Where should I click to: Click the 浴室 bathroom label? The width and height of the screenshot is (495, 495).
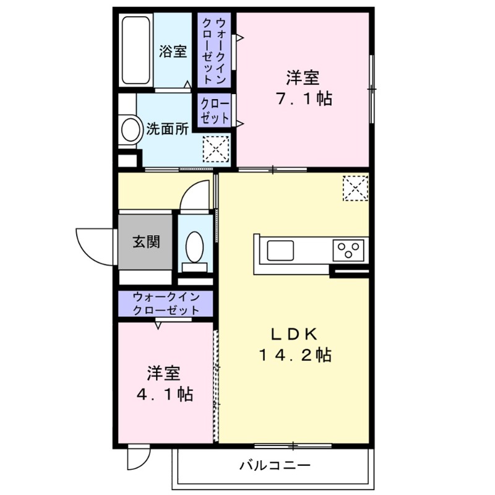pyautogui.click(x=173, y=51)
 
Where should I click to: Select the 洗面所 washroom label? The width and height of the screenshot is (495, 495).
pyautogui.click(x=168, y=129)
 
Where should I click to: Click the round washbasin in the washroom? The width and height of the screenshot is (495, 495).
pyautogui.click(x=131, y=130)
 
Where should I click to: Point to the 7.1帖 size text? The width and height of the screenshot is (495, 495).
pyautogui.click(x=303, y=98)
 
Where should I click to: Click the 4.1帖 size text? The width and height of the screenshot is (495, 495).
pyautogui.click(x=163, y=394)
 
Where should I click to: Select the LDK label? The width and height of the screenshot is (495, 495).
pyautogui.click(x=294, y=334)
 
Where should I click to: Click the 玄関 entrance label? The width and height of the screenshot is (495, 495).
pyautogui.click(x=146, y=241)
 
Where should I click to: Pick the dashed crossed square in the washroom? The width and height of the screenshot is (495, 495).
pyautogui.click(x=216, y=149)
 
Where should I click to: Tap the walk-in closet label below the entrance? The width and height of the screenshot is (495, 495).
pyautogui.click(x=166, y=304)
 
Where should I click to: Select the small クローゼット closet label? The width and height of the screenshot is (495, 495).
pyautogui.click(x=214, y=111)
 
